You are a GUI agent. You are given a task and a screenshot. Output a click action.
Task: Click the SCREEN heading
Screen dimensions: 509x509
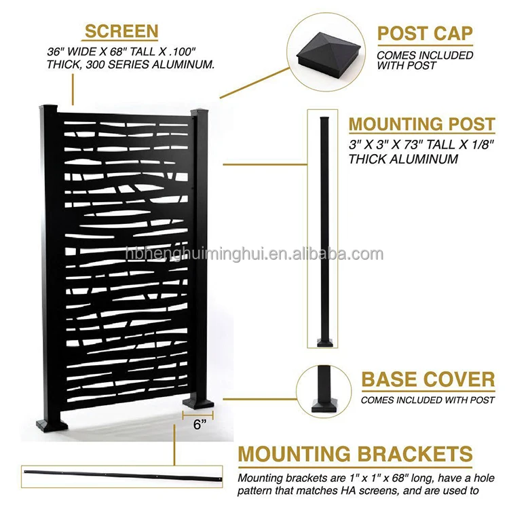pyautogui.click(x=121, y=31)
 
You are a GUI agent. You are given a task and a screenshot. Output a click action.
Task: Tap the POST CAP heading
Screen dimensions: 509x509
pyautogui.click(x=425, y=33)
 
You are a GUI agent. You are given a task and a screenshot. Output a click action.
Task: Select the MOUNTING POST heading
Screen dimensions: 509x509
pyautogui.click(x=421, y=124)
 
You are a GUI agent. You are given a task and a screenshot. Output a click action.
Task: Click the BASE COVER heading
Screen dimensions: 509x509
pyautogui.click(x=428, y=379)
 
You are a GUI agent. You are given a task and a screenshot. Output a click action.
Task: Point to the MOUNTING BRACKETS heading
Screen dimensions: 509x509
pyautogui.click(x=355, y=454)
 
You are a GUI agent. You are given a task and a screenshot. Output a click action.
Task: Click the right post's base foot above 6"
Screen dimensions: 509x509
pyautogui.click(x=198, y=407)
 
